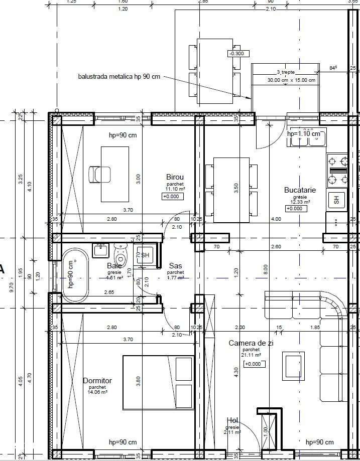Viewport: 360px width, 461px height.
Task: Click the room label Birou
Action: pyautogui.click(x=175, y=177)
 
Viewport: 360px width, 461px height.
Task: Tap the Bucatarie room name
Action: pyautogui.click(x=300, y=190)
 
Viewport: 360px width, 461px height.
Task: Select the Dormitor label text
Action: pyautogui.click(x=97, y=381)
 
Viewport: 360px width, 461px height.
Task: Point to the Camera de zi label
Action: pyautogui.click(x=251, y=343)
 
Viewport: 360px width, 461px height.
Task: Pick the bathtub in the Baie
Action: pyautogui.click(x=75, y=275)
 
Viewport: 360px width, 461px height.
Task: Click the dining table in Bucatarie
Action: pyautogui.click(x=231, y=190)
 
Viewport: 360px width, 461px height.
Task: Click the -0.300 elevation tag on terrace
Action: pyautogui.click(x=236, y=54)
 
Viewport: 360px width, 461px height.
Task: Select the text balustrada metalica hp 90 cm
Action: pyautogui.click(x=119, y=77)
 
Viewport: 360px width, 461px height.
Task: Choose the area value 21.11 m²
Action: pyautogui.click(x=251, y=355)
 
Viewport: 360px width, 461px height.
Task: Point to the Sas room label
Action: pyautogui.click(x=175, y=265)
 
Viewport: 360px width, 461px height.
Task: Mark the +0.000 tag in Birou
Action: pyautogui.click(x=172, y=197)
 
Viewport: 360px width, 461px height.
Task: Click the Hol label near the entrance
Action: pyautogui.click(x=231, y=420)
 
